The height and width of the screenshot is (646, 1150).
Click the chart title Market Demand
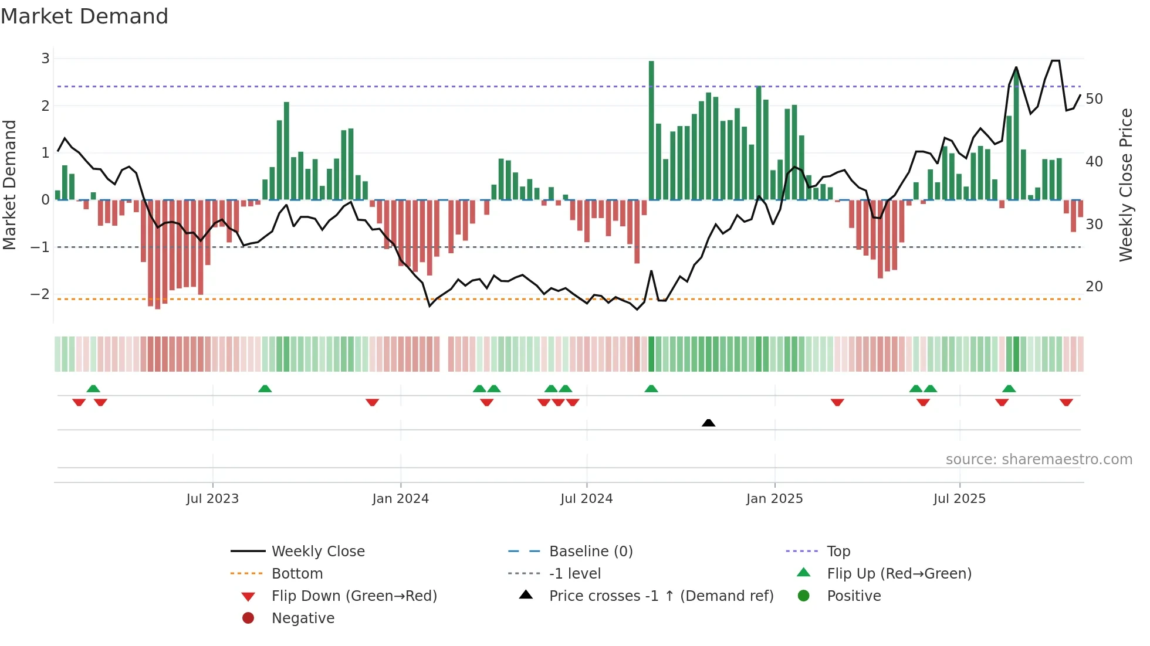[x=84, y=16]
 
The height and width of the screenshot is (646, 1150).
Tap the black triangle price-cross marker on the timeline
[x=708, y=423]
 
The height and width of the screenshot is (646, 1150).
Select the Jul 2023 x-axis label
[x=212, y=499]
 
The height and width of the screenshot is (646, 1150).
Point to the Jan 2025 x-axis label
[x=774, y=499]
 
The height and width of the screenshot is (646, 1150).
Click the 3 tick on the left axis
[x=45, y=59]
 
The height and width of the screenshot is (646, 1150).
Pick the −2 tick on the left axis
[x=40, y=294]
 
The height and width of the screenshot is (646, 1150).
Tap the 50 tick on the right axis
[x=1094, y=99]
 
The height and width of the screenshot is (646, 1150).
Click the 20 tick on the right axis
[x=1094, y=287]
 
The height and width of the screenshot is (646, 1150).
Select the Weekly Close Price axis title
[x=1125, y=185]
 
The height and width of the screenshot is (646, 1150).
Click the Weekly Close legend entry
[x=317, y=552]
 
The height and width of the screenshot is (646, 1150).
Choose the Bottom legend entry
[x=297, y=574]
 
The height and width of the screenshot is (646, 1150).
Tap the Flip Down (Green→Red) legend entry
[x=354, y=596]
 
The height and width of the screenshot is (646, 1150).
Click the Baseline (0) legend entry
[x=590, y=552]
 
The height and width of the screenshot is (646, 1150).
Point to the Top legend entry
[x=838, y=552]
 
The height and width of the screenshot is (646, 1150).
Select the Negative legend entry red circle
[x=248, y=618]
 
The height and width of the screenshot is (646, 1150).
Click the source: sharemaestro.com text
[x=1039, y=460]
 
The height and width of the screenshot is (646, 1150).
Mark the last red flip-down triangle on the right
[x=1066, y=402]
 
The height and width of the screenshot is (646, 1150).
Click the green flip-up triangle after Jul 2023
[x=265, y=389]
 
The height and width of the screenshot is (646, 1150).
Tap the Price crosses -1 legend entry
[x=661, y=596]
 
